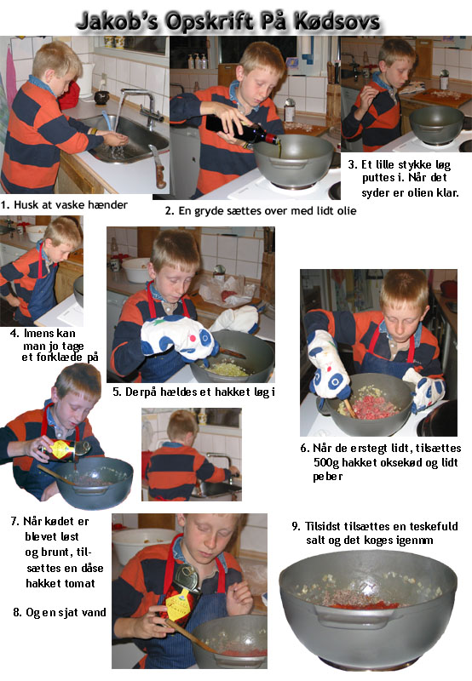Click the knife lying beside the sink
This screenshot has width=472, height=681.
tap(158, 167)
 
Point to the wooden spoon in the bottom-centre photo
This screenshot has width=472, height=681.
tap(192, 637)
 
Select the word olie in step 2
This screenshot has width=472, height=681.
tap(347, 210)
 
